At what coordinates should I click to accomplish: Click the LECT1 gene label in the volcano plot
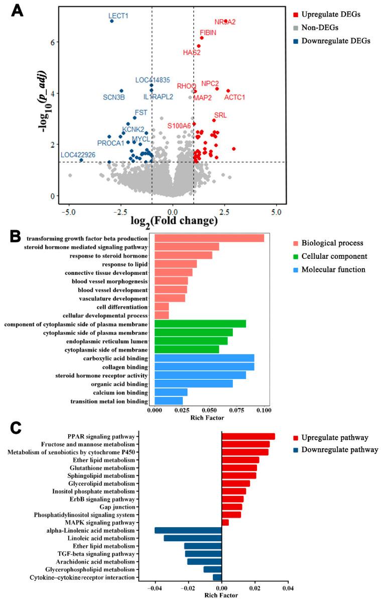[x=119, y=16]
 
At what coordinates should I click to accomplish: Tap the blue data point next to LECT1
[x=111, y=21]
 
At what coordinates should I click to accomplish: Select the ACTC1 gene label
[x=234, y=97]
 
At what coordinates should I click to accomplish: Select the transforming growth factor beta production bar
[x=209, y=238]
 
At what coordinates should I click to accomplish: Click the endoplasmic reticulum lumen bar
[x=191, y=341]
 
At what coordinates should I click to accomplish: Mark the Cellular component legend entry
[x=334, y=256]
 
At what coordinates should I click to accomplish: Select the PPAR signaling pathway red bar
[x=248, y=436]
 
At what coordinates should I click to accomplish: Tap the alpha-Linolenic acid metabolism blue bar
[x=188, y=530]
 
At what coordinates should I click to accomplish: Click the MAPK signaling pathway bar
[x=225, y=523]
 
